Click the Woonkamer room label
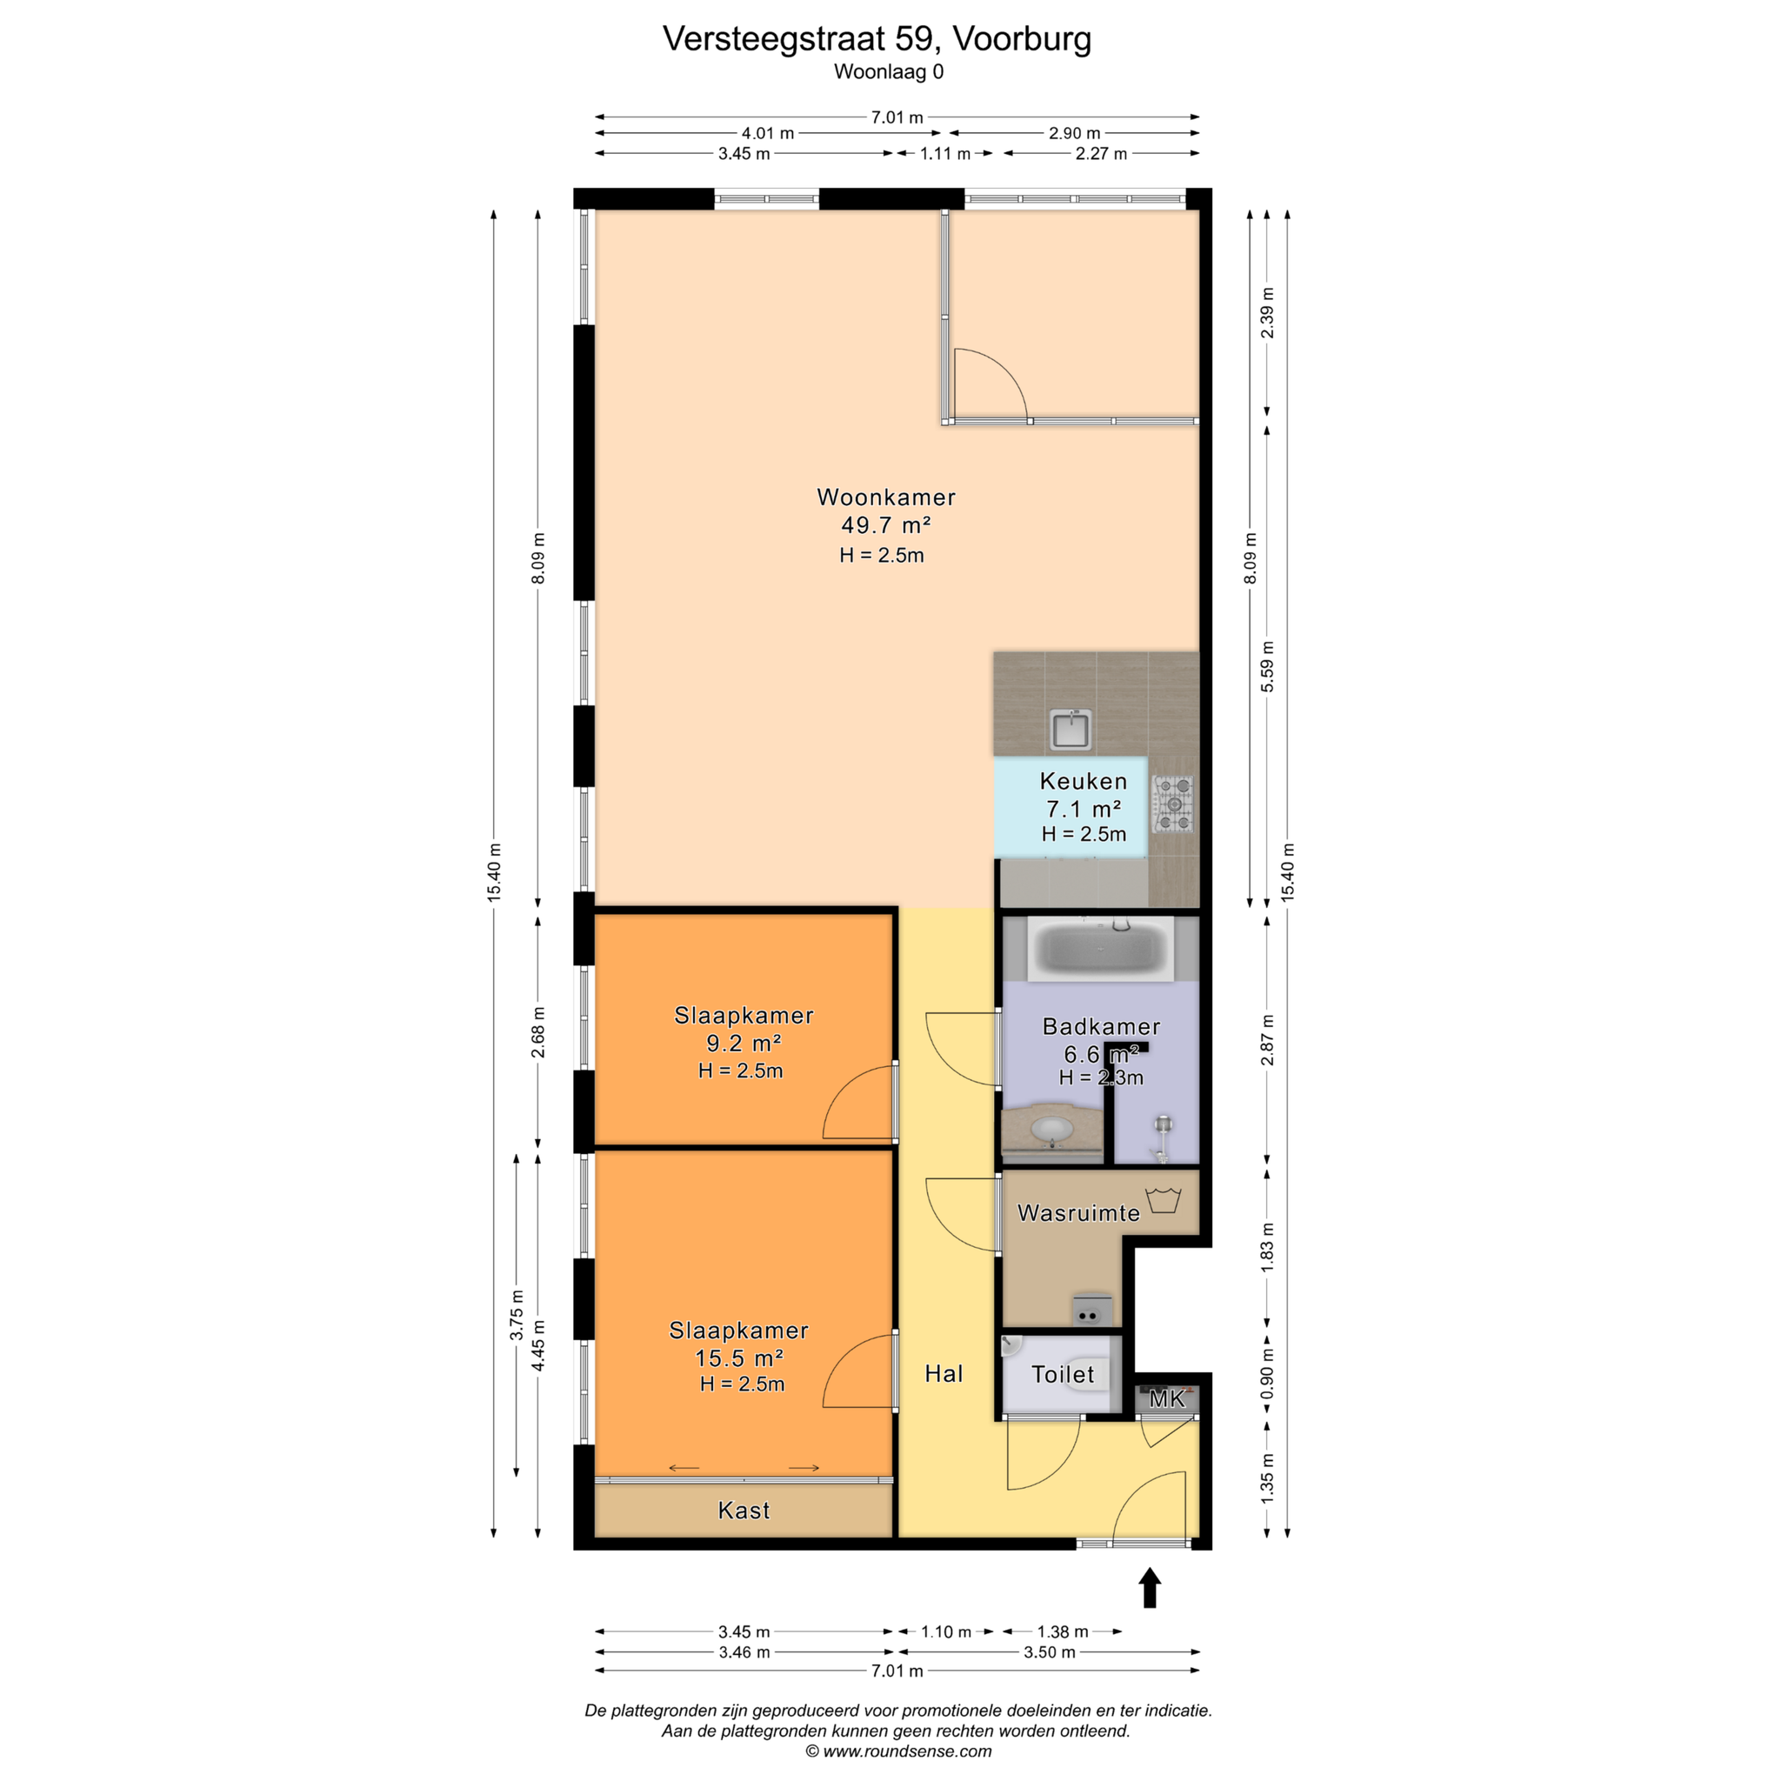pyautogui.click(x=886, y=497)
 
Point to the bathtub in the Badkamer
pyautogui.click(x=1101, y=948)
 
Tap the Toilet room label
pyautogui.click(x=1063, y=1375)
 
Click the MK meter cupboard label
pyautogui.click(x=1167, y=1399)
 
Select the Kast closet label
pyautogui.click(x=744, y=1510)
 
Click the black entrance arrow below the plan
pyautogui.click(x=1150, y=1587)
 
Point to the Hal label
pyautogui.click(x=944, y=1373)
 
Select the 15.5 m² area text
pyautogui.click(x=739, y=1357)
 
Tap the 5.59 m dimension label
pyautogui.click(x=1268, y=666)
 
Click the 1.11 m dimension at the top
pyautogui.click(x=945, y=154)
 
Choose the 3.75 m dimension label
pyautogui.click(x=517, y=1314)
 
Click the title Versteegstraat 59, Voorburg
pyautogui.click(x=877, y=39)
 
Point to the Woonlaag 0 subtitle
pyautogui.click(x=889, y=72)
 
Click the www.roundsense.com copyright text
pyautogui.click(x=899, y=1751)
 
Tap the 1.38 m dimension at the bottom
pyautogui.click(x=1062, y=1631)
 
